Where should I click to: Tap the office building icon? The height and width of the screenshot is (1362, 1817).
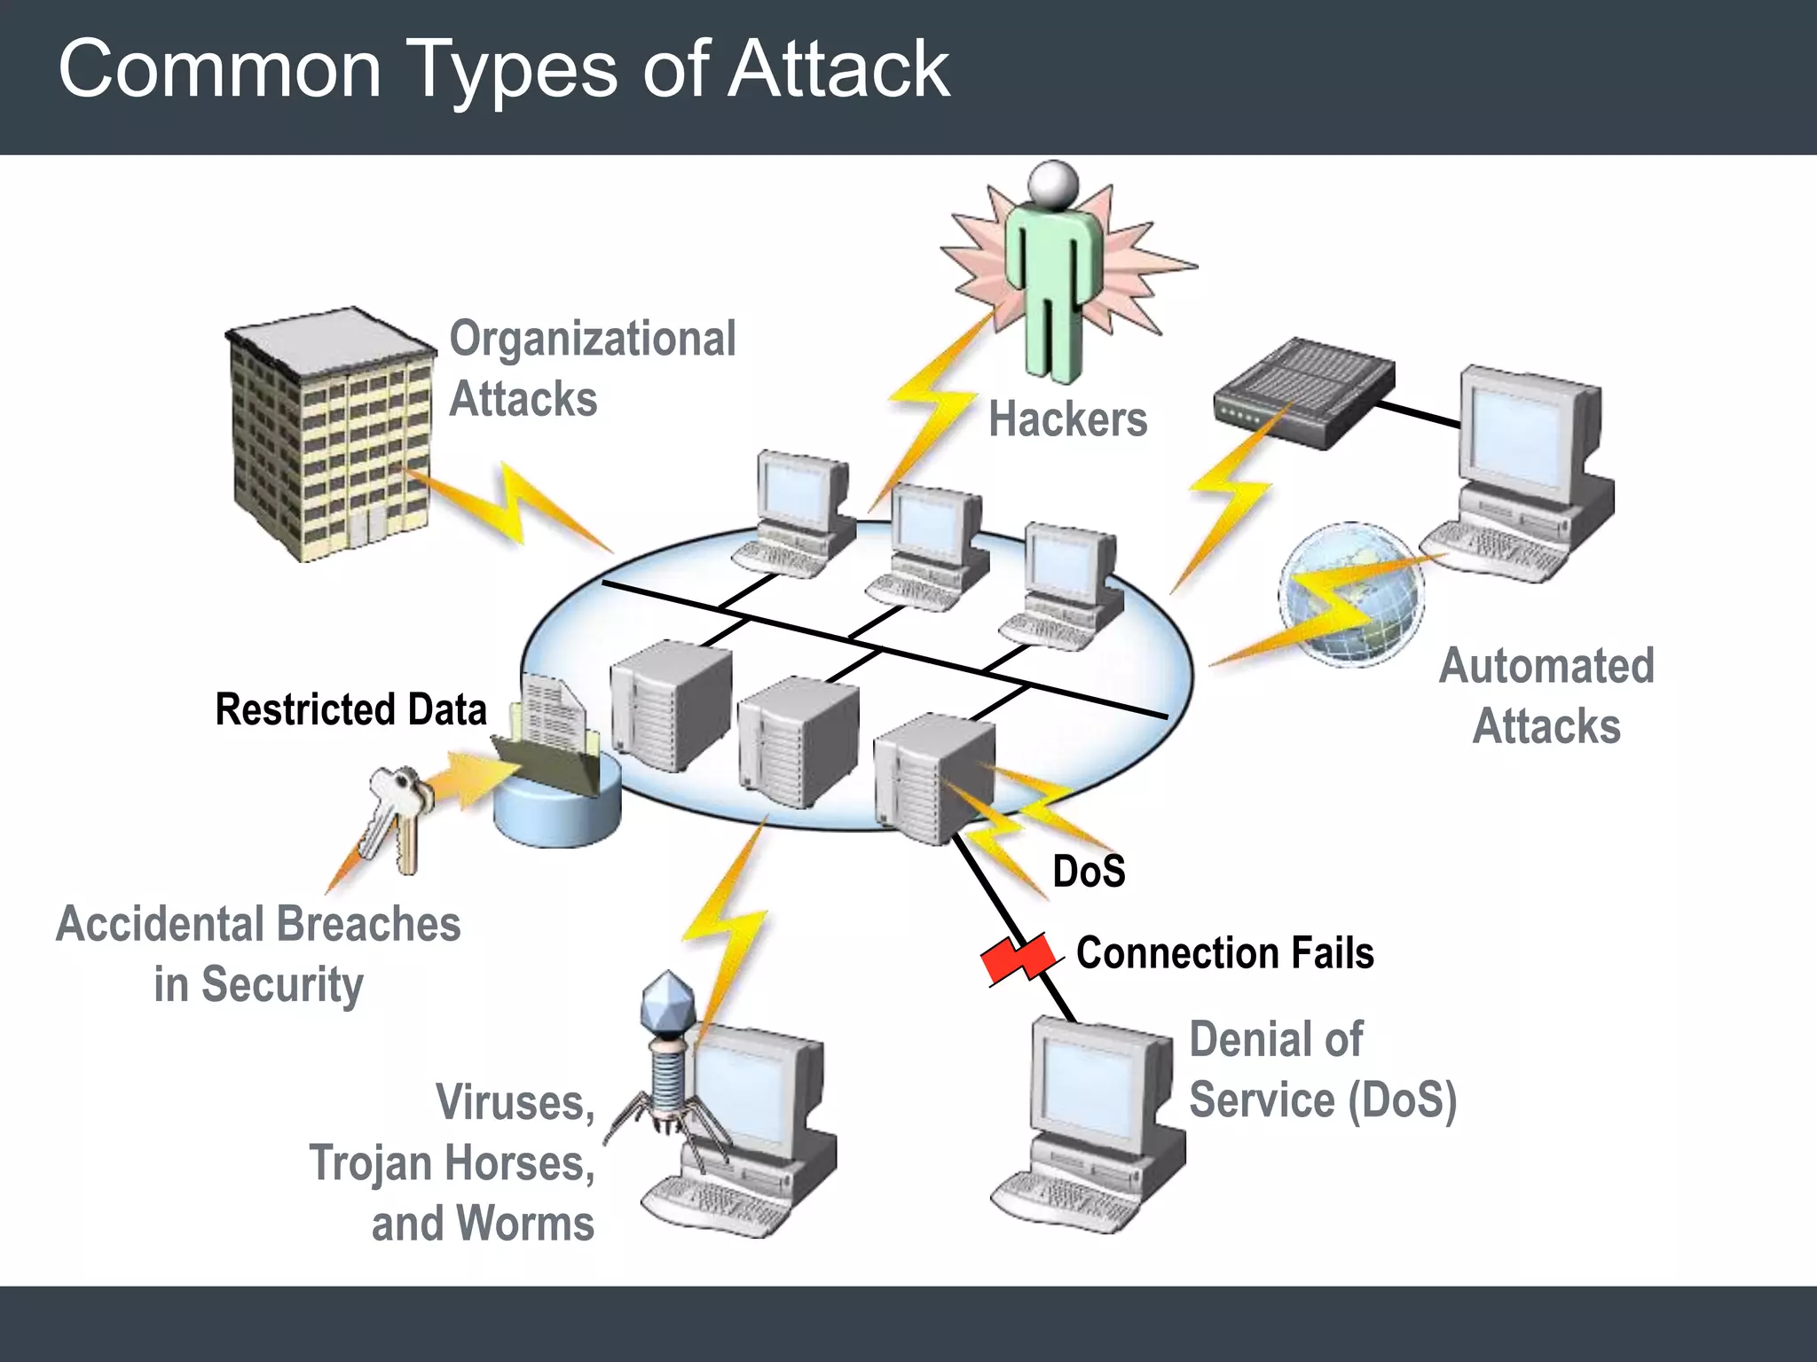click(330, 434)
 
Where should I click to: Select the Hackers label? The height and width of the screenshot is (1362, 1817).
click(1067, 419)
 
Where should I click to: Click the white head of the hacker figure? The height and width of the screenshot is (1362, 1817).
click(1053, 183)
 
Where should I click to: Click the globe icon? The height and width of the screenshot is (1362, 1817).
click(1350, 594)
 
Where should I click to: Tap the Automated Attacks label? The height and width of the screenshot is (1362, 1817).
click(1546, 695)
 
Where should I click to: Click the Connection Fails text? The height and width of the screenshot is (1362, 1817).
click(1224, 953)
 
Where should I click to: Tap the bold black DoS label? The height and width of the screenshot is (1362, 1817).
click(1089, 871)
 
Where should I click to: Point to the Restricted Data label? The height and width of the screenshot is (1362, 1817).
click(350, 709)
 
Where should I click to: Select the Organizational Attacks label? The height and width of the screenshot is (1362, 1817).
click(592, 368)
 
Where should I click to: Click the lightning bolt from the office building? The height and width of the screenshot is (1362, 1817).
click(510, 505)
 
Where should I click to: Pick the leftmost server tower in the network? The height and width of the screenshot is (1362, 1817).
click(670, 705)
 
